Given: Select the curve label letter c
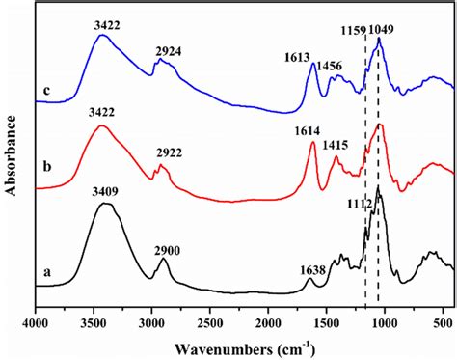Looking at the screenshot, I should pos(46,92).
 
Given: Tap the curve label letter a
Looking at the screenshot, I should pos(46,273).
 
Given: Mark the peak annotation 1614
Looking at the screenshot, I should pos(311,131).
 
